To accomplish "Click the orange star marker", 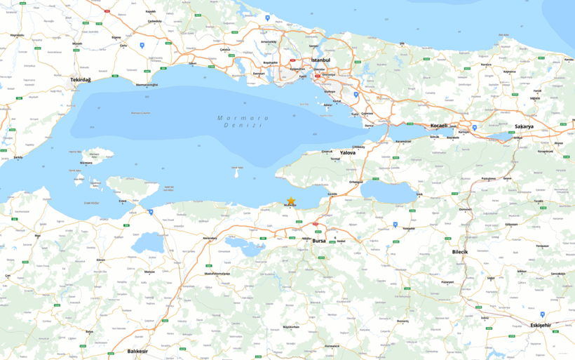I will click(291, 201).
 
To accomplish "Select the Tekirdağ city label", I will click(81, 80).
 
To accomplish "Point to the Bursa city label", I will click(319, 241).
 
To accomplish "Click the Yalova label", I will click(348, 152).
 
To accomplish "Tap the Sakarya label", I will click(525, 127).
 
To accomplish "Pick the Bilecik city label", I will click(459, 251).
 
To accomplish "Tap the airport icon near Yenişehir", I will click(395, 225).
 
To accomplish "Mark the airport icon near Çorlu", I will click(142, 45).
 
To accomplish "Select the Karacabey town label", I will click(210, 238).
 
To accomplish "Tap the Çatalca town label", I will click(225, 50).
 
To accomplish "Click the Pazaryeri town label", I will click(447, 281).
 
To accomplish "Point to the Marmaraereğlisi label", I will click(146, 85).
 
